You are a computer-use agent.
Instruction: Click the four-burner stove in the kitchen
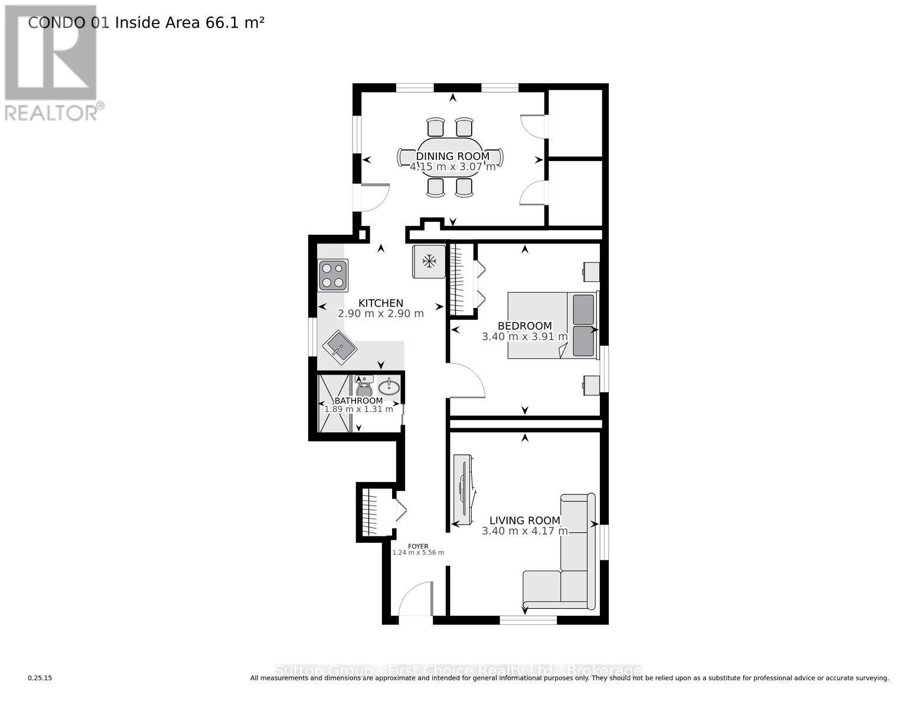coord(332,276)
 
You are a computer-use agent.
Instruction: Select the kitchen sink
coord(340,346)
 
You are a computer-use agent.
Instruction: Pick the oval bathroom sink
coord(389,387)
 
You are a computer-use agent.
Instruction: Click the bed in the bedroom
coord(553,325)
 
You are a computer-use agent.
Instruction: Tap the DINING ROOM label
coord(453,156)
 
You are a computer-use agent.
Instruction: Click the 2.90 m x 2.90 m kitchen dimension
coord(380,314)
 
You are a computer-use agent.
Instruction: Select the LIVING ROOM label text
coord(524,520)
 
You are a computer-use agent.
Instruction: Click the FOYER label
coord(418,546)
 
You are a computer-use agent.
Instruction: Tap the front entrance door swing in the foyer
coord(416,599)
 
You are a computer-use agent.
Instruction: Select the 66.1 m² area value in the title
coord(234,22)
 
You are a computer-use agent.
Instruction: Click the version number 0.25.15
coord(40,678)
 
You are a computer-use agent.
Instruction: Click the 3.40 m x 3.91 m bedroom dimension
coord(524,337)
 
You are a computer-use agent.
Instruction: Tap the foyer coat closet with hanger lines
coord(368,512)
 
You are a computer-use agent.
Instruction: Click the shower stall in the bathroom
coord(334,404)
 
